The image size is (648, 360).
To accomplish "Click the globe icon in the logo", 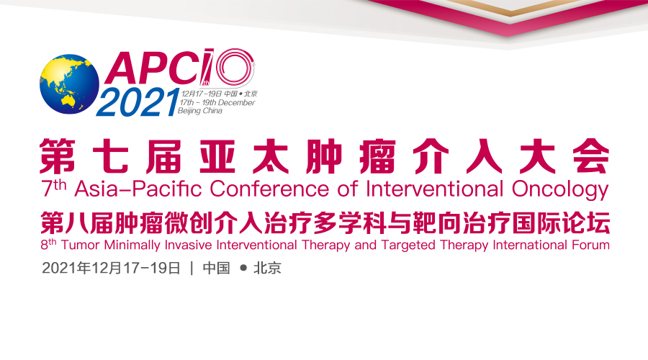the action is click(x=69, y=84).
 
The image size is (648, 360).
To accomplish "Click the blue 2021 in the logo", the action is click(x=138, y=102).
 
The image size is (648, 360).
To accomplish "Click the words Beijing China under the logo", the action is click(x=200, y=111).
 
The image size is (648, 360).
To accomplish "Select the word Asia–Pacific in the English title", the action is click(x=138, y=189).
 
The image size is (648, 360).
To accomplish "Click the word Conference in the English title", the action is click(x=269, y=189).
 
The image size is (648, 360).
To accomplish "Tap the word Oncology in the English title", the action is click(x=560, y=190).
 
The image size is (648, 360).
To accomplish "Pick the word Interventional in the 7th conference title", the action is click(x=435, y=189).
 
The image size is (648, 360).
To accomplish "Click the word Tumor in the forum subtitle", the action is click(x=81, y=245).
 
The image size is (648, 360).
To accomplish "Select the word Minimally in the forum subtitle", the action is click(x=132, y=246).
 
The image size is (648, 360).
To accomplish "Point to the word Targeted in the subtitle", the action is click(x=408, y=246).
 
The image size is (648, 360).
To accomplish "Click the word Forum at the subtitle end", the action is click(x=590, y=245).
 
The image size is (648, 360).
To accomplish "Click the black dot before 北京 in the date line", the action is click(x=243, y=268).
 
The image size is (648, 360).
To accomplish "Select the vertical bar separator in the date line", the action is click(x=192, y=269).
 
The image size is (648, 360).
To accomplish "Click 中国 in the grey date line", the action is click(x=216, y=269).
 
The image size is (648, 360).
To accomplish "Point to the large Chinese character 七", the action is click(x=110, y=156).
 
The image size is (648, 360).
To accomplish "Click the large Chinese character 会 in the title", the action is click(x=591, y=156).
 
